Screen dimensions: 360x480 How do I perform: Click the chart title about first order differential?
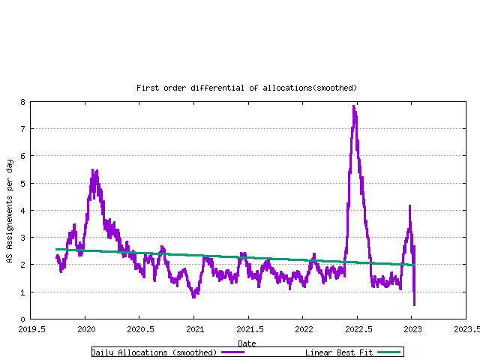click(x=247, y=88)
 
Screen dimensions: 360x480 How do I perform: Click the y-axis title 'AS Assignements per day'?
click(x=10, y=211)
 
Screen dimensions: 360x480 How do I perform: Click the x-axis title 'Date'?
click(x=247, y=343)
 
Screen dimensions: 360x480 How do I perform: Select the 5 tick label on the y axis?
click(x=23, y=183)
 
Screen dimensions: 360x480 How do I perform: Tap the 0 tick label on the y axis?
click(x=23, y=319)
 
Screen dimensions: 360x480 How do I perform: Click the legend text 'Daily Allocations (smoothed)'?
click(x=154, y=352)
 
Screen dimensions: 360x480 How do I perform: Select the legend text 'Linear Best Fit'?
click(x=338, y=352)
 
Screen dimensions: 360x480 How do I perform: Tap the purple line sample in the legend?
click(x=233, y=352)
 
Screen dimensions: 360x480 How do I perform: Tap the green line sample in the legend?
click(x=389, y=352)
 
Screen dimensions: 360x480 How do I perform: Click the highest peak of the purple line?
click(x=353, y=106)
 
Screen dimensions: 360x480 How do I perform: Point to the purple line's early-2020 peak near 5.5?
click(x=93, y=170)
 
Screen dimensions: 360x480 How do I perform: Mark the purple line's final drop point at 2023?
click(x=414, y=304)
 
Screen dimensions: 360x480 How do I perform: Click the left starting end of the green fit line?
click(x=56, y=249)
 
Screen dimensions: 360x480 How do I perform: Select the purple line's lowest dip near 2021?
click(x=194, y=296)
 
